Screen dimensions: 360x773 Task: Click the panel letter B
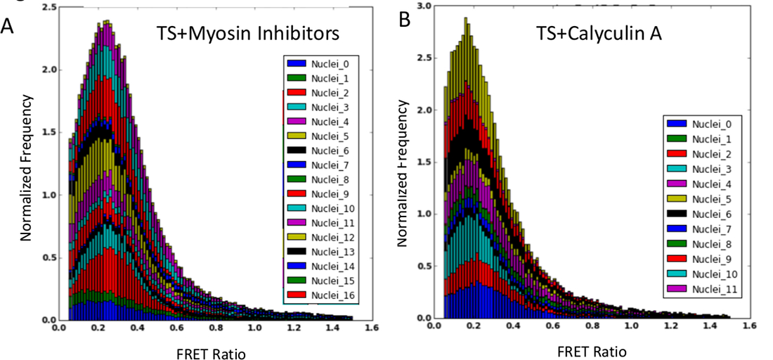(x=405, y=20)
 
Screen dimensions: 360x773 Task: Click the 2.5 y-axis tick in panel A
(x=49, y=8)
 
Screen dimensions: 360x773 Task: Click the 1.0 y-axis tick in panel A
(x=49, y=195)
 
